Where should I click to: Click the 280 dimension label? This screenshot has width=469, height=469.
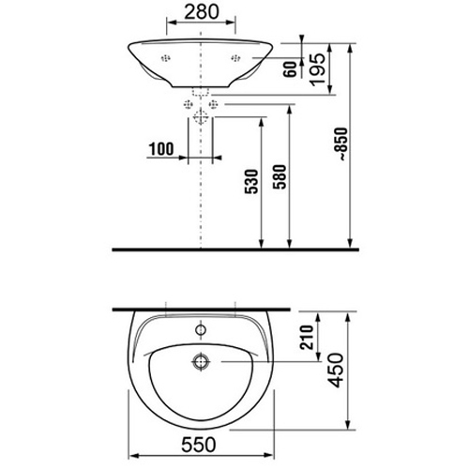pos(202,12)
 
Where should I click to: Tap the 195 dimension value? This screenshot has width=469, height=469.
pos(317,69)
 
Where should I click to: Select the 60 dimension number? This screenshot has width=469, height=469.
pos(290,69)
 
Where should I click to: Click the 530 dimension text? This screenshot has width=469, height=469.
pos(251,182)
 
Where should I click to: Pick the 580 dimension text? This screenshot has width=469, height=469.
pos(280,176)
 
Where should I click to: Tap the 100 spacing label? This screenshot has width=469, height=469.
pos(161,149)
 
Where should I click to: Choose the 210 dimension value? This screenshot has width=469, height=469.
pos(307,337)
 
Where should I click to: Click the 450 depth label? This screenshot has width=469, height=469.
pos(335,371)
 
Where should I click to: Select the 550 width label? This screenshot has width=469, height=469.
pos(199,445)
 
